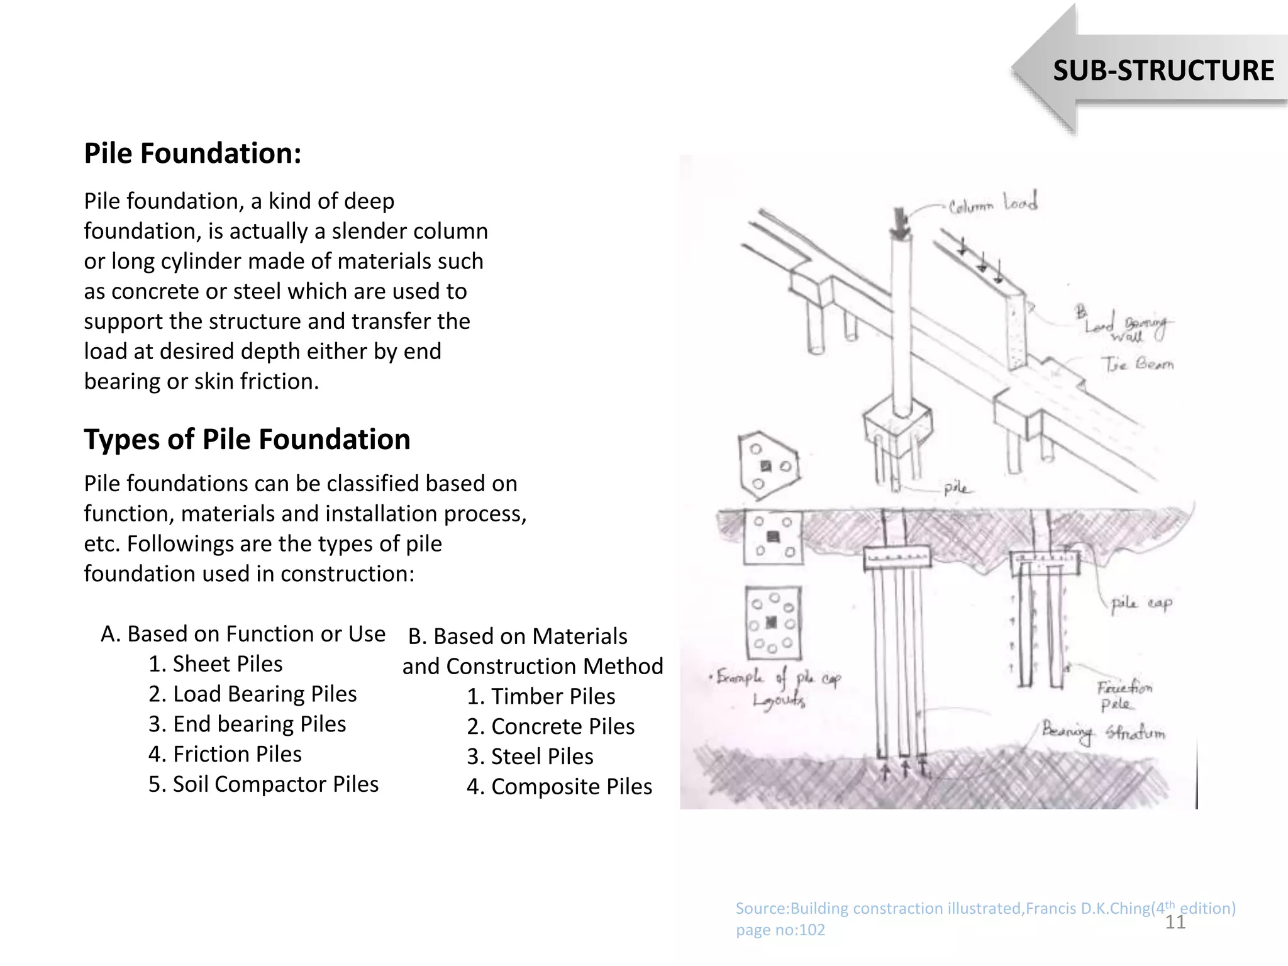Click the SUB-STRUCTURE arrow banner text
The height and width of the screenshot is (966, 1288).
point(1163,70)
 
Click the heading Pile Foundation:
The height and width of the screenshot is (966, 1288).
point(192,153)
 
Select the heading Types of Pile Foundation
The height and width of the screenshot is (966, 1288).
point(247,439)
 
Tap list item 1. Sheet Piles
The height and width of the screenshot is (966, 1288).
point(215,663)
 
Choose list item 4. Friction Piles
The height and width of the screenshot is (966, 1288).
point(225,753)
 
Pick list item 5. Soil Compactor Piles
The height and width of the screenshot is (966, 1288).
point(263,784)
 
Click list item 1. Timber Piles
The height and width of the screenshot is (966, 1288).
point(540,696)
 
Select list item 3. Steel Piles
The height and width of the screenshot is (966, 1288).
point(530,756)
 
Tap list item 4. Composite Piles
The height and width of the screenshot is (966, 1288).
point(558,786)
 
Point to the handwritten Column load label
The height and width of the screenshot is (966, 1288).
point(992,204)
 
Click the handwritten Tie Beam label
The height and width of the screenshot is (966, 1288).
point(1136,364)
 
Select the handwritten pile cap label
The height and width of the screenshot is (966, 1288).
point(1141,604)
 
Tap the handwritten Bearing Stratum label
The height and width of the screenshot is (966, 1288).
point(1103,733)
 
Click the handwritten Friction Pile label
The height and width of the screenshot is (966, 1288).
point(1124,695)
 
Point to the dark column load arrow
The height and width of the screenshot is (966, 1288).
point(901,224)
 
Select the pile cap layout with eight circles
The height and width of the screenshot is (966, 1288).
point(773,624)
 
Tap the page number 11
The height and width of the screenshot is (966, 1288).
point(1175,922)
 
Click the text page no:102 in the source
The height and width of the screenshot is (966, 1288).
point(780,930)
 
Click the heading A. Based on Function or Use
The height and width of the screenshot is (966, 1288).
point(243,633)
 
